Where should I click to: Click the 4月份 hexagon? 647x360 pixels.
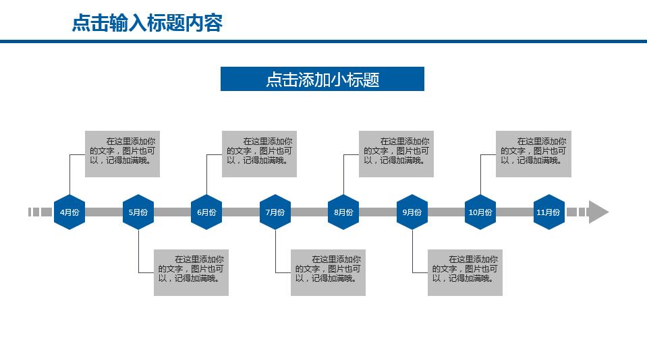pos(69,212)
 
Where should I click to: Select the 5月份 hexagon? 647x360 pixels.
pos(138,212)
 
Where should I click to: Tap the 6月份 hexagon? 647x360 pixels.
pos(206,212)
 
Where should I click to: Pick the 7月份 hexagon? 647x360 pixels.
pos(275,212)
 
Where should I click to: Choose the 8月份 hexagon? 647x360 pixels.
pos(343,212)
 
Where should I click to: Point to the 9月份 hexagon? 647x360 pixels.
pos(412,212)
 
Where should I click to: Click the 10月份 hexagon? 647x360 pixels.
pos(480,212)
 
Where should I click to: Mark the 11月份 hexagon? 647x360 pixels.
pos(548,212)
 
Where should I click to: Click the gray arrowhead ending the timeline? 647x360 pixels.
pos(597,212)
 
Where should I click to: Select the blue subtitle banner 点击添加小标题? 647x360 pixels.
pos(322,79)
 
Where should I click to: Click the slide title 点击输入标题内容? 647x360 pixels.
pos(147,24)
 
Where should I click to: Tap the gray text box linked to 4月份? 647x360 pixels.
pos(122,154)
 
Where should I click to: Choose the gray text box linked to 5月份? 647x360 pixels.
pos(191,272)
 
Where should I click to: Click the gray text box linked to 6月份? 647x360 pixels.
pos(259,154)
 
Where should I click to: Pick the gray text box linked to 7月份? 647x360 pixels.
pos(328,272)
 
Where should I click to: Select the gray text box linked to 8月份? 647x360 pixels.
pos(396,154)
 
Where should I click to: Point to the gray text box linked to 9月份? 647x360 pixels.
pos(465,272)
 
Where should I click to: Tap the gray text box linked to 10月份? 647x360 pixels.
pos(533,154)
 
